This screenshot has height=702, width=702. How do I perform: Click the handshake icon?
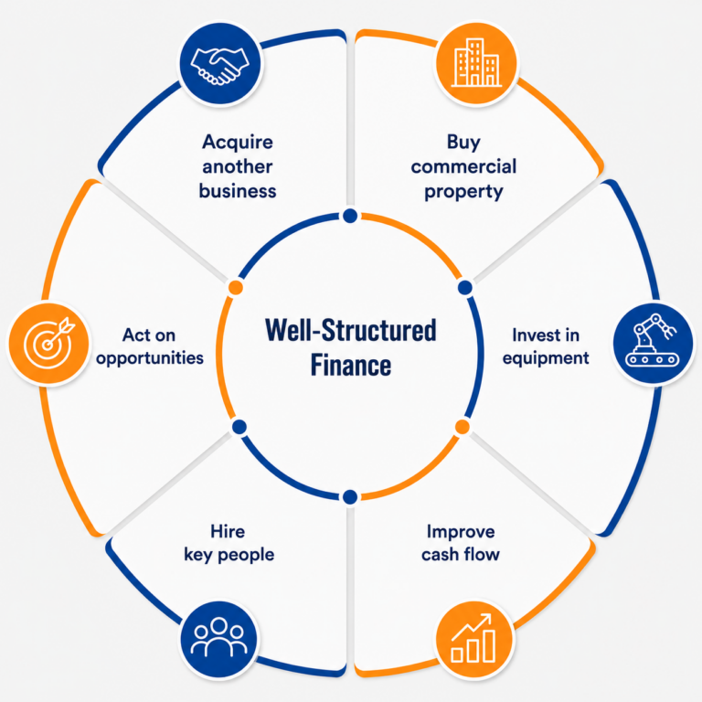(219, 66)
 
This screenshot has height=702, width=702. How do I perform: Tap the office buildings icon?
(476, 63)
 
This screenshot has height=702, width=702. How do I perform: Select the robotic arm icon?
(653, 340)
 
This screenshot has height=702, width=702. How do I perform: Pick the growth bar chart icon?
(473, 638)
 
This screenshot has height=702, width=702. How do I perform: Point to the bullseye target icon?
(48, 343)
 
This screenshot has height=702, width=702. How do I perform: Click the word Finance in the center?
(351, 366)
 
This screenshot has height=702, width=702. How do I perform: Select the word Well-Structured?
(351, 330)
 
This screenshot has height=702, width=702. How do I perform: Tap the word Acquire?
(238, 143)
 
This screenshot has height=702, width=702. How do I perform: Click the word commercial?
(463, 166)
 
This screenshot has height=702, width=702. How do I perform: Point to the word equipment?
(546, 358)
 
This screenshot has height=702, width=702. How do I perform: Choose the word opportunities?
(150, 358)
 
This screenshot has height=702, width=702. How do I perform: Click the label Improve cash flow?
(461, 543)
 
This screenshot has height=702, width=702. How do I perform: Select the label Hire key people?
(229, 543)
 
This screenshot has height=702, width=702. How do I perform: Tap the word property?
(463, 192)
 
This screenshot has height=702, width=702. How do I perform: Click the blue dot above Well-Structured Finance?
(350, 217)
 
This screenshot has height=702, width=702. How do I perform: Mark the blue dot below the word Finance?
(350, 496)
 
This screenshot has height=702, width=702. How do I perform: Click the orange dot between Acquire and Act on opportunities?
(236, 287)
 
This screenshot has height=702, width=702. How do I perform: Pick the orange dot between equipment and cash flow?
(462, 427)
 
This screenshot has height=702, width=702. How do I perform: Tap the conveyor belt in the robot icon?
(653, 359)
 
